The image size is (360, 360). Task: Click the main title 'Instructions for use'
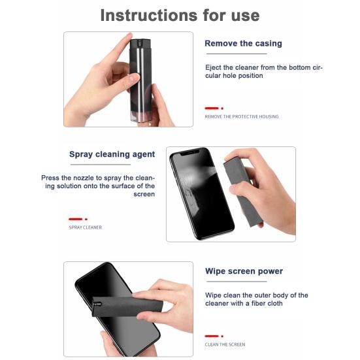click(180, 15)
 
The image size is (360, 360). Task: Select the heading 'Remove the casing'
click(243, 44)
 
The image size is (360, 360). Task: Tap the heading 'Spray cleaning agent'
click(112, 155)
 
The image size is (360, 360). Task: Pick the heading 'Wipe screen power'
click(244, 271)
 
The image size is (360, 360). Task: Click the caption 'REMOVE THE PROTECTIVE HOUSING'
click(241, 117)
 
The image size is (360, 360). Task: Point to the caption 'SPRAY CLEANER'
click(85, 227)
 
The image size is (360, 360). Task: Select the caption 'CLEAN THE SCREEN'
click(225, 344)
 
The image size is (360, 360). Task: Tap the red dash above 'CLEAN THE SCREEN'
click(211, 336)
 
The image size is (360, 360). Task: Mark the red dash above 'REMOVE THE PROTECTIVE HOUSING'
click(211, 108)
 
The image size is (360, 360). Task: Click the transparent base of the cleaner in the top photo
click(142, 115)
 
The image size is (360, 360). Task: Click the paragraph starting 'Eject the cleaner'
click(263, 71)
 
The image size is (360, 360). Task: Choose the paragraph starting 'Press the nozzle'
click(98, 186)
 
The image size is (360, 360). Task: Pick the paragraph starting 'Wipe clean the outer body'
click(256, 299)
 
